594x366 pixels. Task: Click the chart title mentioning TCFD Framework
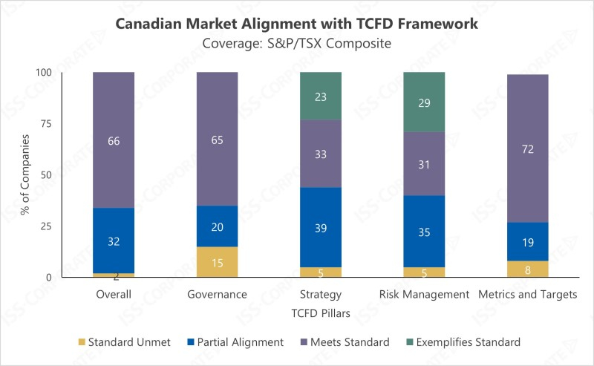click(297, 23)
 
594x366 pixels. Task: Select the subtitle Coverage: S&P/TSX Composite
click(297, 43)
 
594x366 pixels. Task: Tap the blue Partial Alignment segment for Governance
click(217, 226)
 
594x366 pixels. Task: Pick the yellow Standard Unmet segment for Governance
click(217, 262)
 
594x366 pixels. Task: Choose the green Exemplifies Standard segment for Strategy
click(320, 96)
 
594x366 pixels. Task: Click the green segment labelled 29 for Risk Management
click(423, 102)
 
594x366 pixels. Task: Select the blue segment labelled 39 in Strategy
click(320, 227)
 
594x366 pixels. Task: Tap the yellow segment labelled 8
click(527, 269)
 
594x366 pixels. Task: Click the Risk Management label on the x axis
click(424, 295)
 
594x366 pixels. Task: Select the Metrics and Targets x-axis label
click(527, 295)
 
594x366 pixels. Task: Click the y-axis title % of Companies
click(26, 174)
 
